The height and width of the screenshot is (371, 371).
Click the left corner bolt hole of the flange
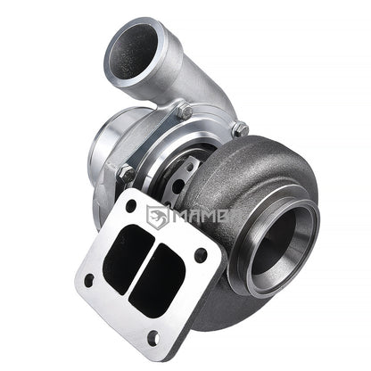[89, 278]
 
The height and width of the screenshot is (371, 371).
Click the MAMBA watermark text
[209, 215]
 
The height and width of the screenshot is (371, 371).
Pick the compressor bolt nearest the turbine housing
[238, 130]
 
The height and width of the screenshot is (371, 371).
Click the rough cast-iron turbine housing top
[254, 156]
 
